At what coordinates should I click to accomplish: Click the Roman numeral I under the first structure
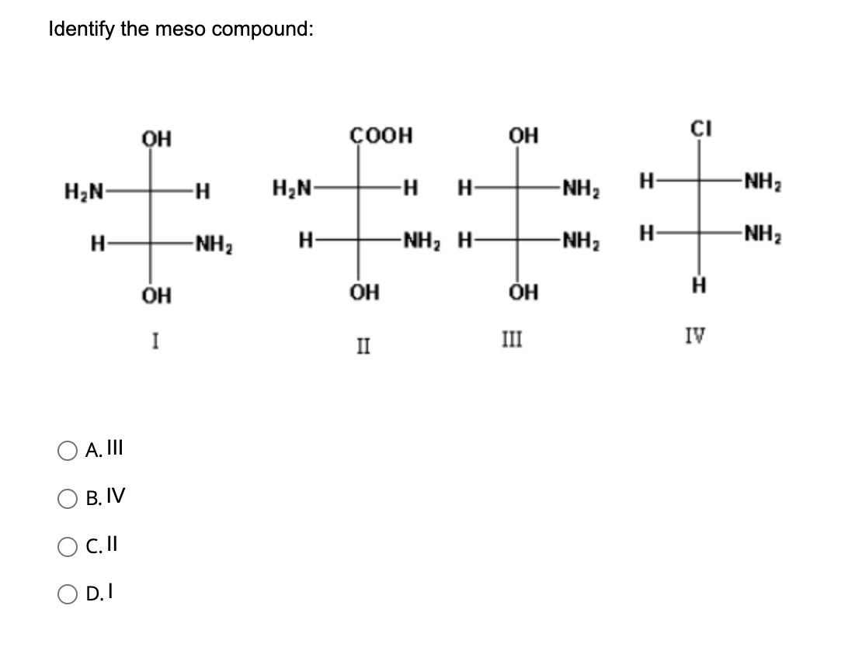(x=156, y=340)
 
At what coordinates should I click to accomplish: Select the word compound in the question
(x=262, y=29)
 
